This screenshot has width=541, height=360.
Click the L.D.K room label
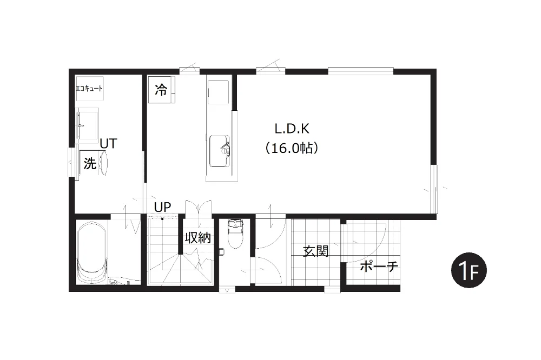292,129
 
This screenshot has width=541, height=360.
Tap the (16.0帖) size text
292,148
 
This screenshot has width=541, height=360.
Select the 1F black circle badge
469,270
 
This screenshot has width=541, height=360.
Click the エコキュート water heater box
89,88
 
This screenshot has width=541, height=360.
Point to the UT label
108,143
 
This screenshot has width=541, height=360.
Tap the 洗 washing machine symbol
90,163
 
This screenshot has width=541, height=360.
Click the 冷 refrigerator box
161,90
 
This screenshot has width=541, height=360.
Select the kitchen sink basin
220,151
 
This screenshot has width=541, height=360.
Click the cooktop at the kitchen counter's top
218,91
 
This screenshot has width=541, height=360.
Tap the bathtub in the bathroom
91,252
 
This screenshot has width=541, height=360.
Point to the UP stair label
162,207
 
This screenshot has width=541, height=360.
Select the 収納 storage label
198,238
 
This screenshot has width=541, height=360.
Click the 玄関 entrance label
316,251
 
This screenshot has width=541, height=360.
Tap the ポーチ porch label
379,266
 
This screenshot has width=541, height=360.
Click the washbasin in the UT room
87,125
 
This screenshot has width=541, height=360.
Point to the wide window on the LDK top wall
360,71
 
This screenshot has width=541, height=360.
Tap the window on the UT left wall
71,162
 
